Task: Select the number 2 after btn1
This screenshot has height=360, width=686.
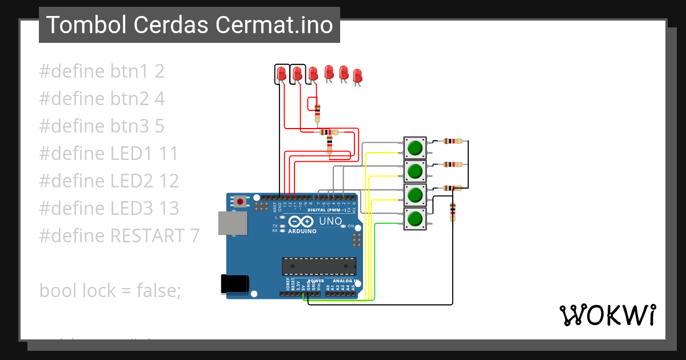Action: pyautogui.click(x=159, y=71)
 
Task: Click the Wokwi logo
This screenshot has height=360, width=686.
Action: pyautogui.click(x=607, y=315)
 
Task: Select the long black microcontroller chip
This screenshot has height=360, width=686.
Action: pyautogui.click(x=318, y=266)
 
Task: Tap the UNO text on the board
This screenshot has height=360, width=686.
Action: pyautogui.click(x=330, y=222)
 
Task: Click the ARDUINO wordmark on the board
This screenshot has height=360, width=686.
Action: pyautogui.click(x=302, y=231)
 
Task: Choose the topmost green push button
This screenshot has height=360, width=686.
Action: pyautogui.click(x=414, y=148)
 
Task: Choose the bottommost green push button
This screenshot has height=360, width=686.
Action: pyautogui.click(x=414, y=219)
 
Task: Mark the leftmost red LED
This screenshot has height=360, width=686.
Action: pyautogui.click(x=281, y=74)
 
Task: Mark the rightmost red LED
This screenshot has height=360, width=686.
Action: pyautogui.click(x=357, y=75)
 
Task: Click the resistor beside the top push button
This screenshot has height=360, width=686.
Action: pyautogui.click(x=452, y=141)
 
